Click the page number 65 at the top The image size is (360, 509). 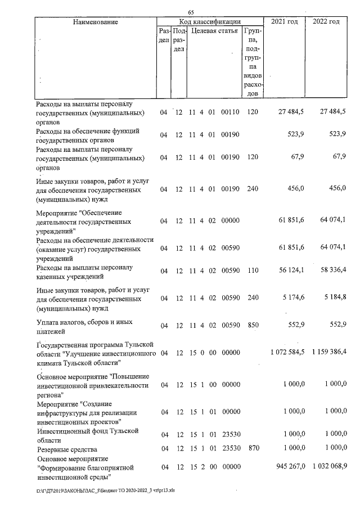(191, 12)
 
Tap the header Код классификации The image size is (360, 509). (210, 21)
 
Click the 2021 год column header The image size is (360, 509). (285, 21)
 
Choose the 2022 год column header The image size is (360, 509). (326, 21)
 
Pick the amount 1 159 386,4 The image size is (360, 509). (327, 353)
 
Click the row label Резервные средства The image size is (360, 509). (66, 449)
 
